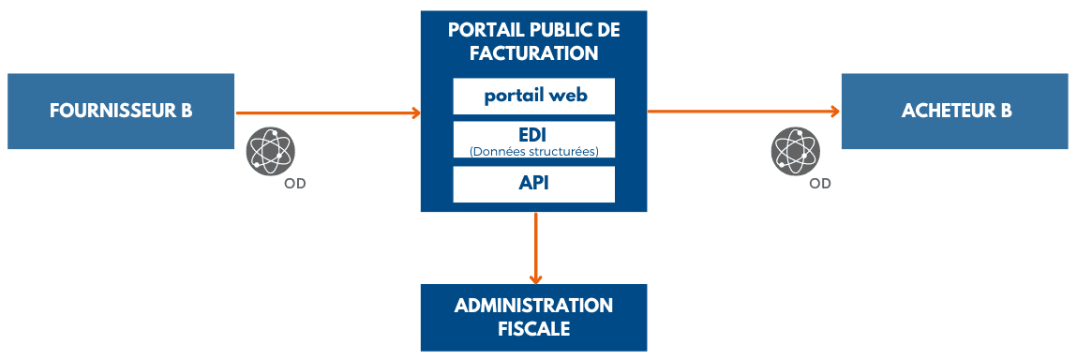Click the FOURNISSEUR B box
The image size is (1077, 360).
(x=120, y=111)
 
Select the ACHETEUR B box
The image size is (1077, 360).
(x=954, y=111)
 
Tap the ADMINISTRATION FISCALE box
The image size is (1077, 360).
(x=533, y=318)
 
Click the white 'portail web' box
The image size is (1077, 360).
(x=533, y=96)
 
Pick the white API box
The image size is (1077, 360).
(x=533, y=184)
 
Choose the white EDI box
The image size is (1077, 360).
(x=533, y=140)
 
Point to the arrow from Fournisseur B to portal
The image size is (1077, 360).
(x=327, y=113)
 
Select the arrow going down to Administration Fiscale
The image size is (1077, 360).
(x=535, y=247)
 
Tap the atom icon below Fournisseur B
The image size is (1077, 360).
(x=271, y=150)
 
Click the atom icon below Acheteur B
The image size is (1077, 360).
(x=796, y=150)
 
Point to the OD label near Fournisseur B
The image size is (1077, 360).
(x=295, y=184)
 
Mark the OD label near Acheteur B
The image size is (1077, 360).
(x=820, y=184)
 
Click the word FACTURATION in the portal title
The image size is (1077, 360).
(x=533, y=52)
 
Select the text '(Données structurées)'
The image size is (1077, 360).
(x=533, y=151)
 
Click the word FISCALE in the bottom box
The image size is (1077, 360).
(x=533, y=329)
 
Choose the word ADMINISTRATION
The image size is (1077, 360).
(x=533, y=307)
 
